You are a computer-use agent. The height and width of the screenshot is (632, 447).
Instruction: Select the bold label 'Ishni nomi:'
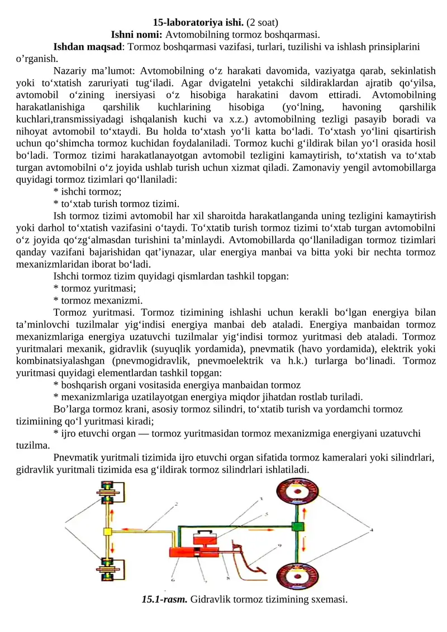pyautogui.click(x=137, y=34)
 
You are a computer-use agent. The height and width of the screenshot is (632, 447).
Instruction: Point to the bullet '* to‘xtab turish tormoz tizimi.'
pyautogui.click(x=116, y=203)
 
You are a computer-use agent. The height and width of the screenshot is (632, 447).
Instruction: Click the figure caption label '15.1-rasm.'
pyautogui.click(x=165, y=600)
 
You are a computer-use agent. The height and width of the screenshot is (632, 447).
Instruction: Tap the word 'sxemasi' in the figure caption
pyautogui.click(x=331, y=600)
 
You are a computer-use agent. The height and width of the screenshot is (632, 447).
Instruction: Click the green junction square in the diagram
pyautogui.click(x=297, y=526)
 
